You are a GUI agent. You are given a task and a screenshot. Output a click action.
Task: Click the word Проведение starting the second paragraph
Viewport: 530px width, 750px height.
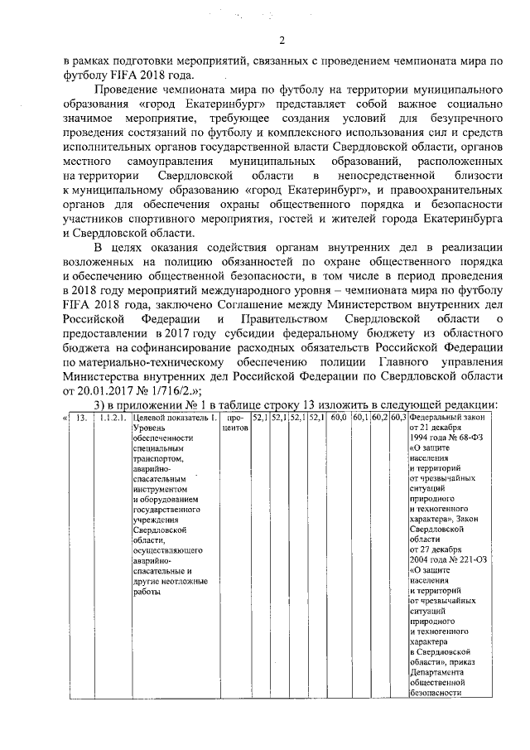click(x=128, y=90)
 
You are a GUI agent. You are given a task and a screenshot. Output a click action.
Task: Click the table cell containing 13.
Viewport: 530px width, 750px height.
click(x=80, y=419)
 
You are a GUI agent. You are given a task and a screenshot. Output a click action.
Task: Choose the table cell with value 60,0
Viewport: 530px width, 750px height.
click(x=338, y=419)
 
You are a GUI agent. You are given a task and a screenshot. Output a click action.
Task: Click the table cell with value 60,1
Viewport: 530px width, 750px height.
click(x=359, y=419)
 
